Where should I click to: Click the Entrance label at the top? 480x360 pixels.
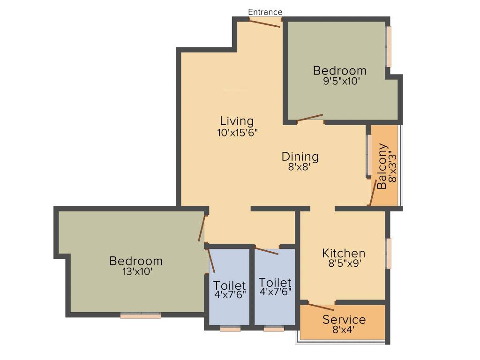click(265, 12)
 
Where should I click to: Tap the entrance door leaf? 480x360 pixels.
click(265, 23)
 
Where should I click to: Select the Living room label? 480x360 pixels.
click(237, 121)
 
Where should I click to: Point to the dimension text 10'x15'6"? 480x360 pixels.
click(237, 133)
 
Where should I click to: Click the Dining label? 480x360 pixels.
click(300, 157)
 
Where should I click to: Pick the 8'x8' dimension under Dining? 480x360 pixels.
click(300, 167)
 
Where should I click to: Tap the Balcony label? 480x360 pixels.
click(383, 166)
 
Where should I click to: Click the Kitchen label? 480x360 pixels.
click(344, 254)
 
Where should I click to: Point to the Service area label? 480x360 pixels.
click(344, 320)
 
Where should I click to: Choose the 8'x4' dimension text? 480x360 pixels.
click(344, 330)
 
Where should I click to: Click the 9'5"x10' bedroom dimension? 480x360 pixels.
click(340, 81)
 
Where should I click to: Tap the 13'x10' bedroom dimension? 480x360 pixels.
click(136, 271)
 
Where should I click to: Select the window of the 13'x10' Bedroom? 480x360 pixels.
click(141, 316)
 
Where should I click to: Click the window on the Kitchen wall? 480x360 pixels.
click(389, 254)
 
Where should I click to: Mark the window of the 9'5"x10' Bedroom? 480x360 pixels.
click(389, 46)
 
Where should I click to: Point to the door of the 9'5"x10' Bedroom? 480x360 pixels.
click(310, 118)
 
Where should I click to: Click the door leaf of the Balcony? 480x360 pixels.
click(374, 192)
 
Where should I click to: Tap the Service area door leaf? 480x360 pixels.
click(321, 307)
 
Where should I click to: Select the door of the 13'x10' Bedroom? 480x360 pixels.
click(202, 228)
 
